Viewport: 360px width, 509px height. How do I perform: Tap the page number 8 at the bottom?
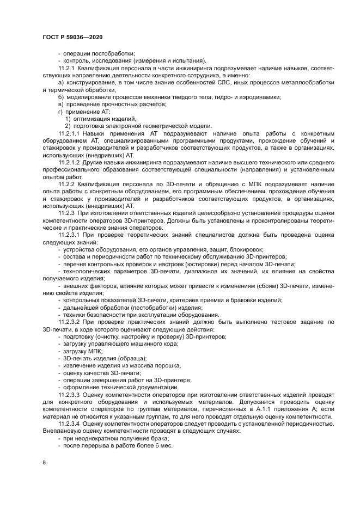pos(44,463)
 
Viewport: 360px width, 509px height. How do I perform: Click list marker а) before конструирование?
pos(61,82)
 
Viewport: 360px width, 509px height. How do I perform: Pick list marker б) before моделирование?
pos(61,97)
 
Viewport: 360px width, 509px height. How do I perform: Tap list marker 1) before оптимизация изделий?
pos(68,119)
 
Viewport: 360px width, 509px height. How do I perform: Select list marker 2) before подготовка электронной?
pos(68,126)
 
